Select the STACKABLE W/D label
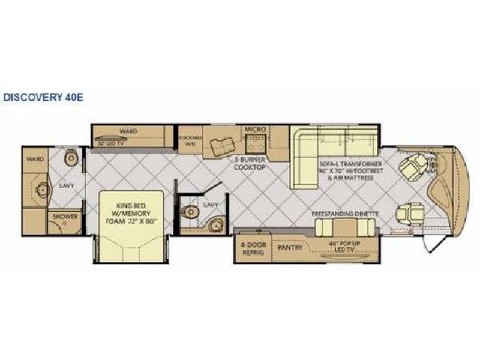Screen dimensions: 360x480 (189, 141)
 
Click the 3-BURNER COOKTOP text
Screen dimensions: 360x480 (250, 164)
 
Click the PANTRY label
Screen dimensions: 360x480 (289, 246)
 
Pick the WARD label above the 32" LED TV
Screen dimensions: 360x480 (127, 131)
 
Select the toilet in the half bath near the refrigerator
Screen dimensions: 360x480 (189, 211)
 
